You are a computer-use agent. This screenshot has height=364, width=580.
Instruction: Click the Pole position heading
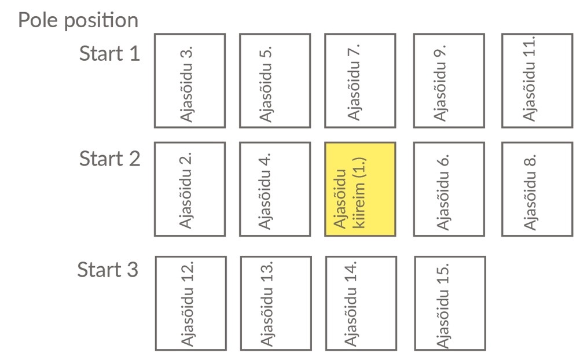[x=78, y=20]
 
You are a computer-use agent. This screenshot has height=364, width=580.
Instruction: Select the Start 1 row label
[x=109, y=54]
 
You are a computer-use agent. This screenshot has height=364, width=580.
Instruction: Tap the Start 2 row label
[x=109, y=159]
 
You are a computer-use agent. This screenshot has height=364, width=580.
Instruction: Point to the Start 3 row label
[x=108, y=270]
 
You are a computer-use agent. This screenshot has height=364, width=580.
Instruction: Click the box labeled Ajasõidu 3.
[x=189, y=80]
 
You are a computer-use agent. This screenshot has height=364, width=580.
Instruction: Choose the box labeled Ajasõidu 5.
[x=274, y=80]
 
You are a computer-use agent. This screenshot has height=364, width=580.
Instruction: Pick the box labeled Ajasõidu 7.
[x=360, y=80]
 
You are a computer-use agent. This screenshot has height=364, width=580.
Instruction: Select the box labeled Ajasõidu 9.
[x=449, y=80]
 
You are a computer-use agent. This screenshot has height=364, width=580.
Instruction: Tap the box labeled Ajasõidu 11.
[x=537, y=80]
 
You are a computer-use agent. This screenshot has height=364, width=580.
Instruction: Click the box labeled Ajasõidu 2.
[x=189, y=189]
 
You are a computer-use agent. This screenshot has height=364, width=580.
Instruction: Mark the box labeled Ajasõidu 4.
[x=274, y=189]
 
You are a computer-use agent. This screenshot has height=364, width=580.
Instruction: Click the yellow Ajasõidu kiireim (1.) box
[x=360, y=189]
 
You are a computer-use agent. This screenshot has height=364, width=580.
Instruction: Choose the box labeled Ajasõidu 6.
[x=449, y=189]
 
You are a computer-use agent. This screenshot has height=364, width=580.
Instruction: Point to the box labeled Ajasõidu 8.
[x=537, y=189]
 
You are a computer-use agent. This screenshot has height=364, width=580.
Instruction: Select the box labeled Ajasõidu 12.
[x=190, y=303]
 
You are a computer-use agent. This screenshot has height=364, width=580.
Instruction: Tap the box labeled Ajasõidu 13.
[x=275, y=303]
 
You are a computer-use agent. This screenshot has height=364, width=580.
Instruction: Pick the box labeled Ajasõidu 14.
[x=361, y=303]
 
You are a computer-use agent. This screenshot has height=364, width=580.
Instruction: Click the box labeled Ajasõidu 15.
[x=450, y=303]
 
